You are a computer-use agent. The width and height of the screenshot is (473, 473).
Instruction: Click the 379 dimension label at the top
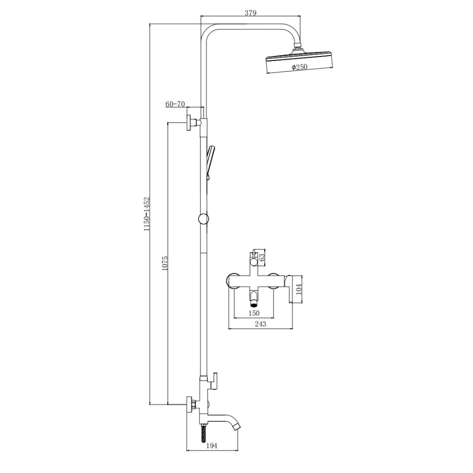(x=250, y=13)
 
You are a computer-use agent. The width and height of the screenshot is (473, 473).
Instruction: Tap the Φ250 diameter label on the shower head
(x=299, y=67)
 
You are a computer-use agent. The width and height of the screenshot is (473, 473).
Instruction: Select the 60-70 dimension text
(x=175, y=104)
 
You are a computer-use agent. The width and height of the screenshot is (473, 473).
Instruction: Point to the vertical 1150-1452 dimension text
(x=147, y=214)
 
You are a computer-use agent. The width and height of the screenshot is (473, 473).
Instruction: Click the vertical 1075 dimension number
(x=165, y=263)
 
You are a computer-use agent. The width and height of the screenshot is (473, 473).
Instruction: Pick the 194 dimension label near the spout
(x=212, y=446)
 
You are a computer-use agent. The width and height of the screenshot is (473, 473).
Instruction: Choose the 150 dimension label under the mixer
(x=254, y=313)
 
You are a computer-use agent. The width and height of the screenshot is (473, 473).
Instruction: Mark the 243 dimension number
(x=260, y=324)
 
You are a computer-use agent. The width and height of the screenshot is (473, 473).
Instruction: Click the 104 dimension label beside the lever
(x=298, y=289)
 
